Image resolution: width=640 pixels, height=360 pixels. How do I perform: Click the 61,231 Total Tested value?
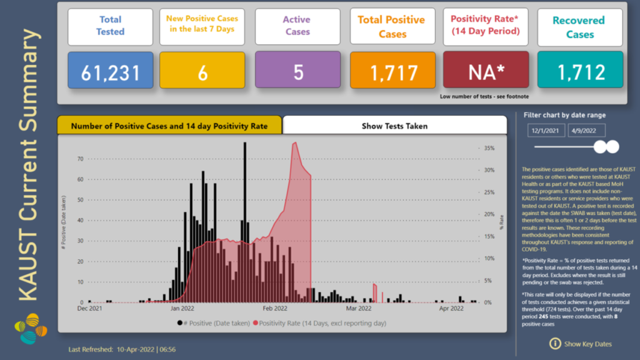click(x=110, y=72)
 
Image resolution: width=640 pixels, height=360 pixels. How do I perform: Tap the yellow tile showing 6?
click(x=202, y=72)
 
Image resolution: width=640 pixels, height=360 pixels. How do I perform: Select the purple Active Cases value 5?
click(x=298, y=72)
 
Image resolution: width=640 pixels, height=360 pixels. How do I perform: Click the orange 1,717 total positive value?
click(x=392, y=72)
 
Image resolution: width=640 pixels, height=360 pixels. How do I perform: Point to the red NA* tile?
click(x=487, y=72)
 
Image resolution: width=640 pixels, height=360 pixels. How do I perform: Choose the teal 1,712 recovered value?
click(x=580, y=72)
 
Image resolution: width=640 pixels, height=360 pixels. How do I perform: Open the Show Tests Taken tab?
click(x=394, y=126)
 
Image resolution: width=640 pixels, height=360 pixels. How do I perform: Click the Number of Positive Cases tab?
click(x=169, y=126)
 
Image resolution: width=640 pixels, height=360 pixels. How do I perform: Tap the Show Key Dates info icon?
click(x=554, y=343)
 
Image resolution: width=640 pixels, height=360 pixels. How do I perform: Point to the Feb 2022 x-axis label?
click(x=275, y=308)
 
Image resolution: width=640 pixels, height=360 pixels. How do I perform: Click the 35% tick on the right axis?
click(x=489, y=148)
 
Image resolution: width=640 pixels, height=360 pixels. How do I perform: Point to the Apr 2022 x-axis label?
click(x=451, y=308)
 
